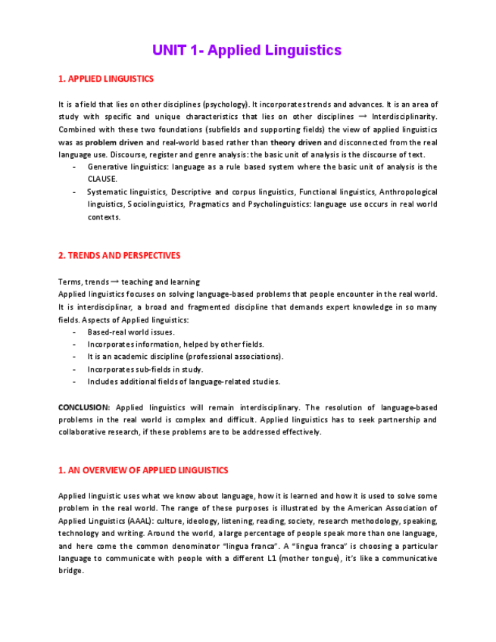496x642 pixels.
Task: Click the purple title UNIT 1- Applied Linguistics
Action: click(247, 51)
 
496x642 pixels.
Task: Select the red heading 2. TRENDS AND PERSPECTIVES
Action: click(119, 255)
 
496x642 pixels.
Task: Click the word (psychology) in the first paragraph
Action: click(226, 104)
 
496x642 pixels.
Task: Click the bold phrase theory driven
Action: click(296, 142)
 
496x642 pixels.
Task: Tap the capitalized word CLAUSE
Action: click(102, 179)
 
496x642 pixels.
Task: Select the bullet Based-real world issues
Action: click(131, 332)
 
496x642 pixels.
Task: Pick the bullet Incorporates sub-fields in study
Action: click(145, 369)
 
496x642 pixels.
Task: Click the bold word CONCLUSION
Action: click(83, 407)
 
